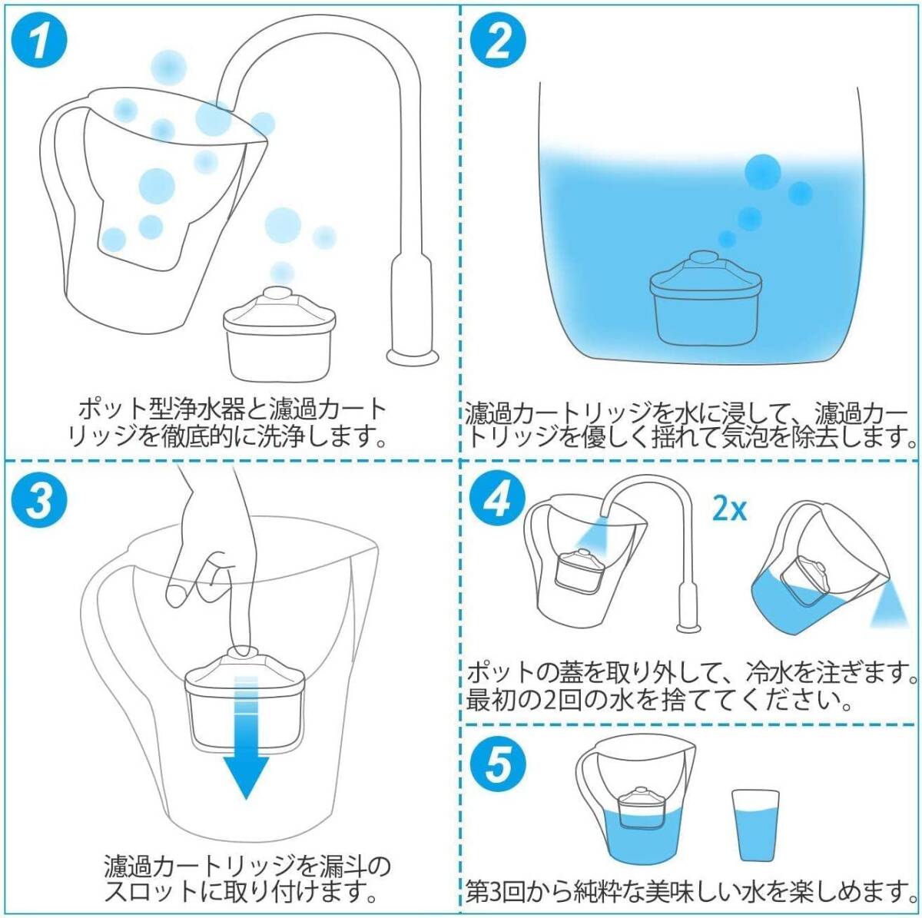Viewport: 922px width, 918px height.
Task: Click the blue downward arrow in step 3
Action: [x=246, y=736]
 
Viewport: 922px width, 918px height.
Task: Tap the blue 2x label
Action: [x=729, y=510]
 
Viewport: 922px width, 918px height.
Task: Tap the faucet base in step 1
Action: [x=413, y=356]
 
